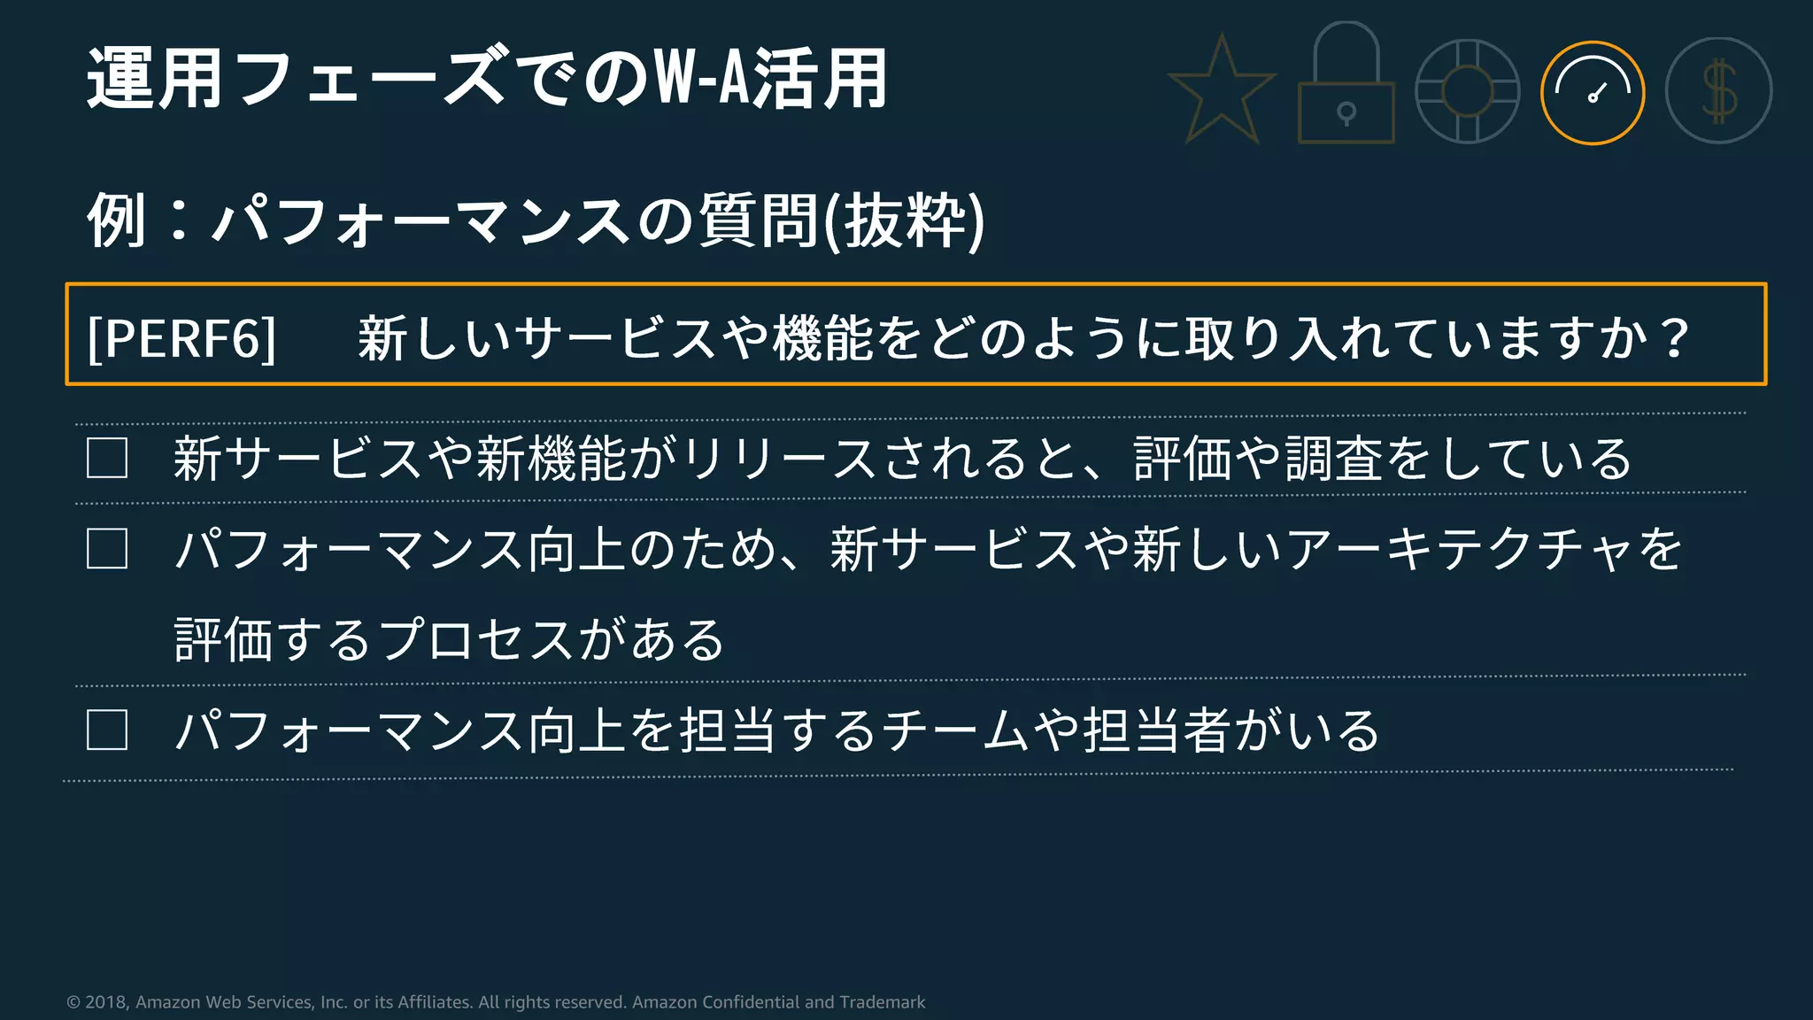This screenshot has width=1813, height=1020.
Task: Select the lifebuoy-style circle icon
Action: (x=1467, y=91)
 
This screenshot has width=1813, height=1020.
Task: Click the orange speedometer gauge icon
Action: (x=1593, y=93)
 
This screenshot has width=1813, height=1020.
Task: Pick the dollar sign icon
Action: (x=1718, y=91)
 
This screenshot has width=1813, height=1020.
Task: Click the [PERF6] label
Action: (x=181, y=337)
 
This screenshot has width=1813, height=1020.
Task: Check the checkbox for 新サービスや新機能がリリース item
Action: (x=107, y=458)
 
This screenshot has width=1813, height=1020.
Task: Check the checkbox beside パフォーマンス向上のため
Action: (x=107, y=549)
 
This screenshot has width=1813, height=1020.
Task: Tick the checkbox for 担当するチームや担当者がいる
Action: (x=107, y=730)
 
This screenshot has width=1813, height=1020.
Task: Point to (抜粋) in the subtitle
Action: (x=904, y=220)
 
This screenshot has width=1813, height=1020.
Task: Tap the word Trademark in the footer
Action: (x=882, y=1002)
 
